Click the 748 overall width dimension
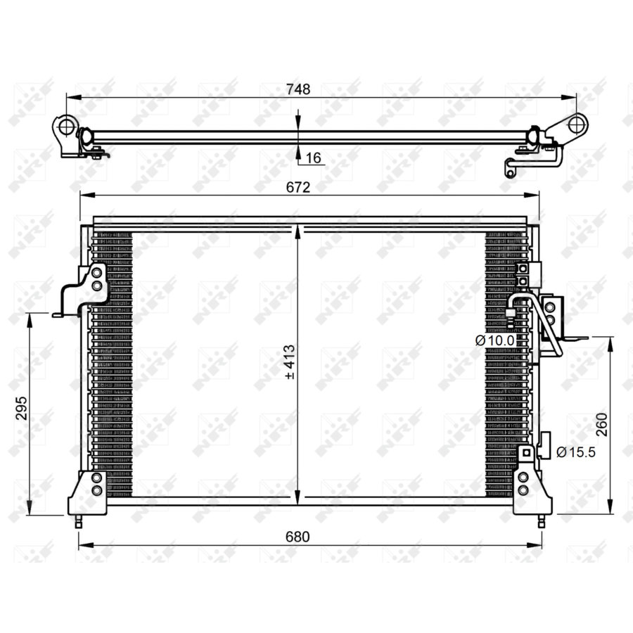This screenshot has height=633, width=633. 298,90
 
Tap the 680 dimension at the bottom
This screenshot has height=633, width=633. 298,537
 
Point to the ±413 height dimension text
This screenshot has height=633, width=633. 289,362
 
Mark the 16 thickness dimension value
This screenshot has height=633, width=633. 313,159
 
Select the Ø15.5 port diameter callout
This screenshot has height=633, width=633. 576,452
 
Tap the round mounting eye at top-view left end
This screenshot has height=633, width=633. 65,127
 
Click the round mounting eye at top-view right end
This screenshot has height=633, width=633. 575,124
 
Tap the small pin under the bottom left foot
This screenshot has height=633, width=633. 79,522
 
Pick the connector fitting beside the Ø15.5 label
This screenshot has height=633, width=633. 544,446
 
